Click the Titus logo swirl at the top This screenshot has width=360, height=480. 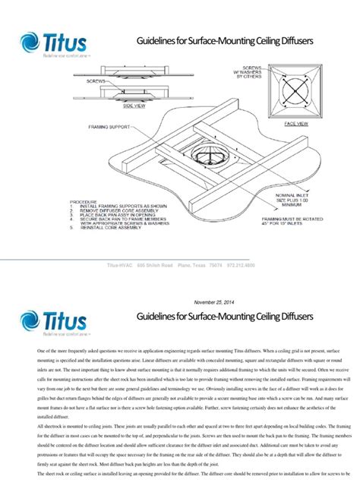pos(35,43)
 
